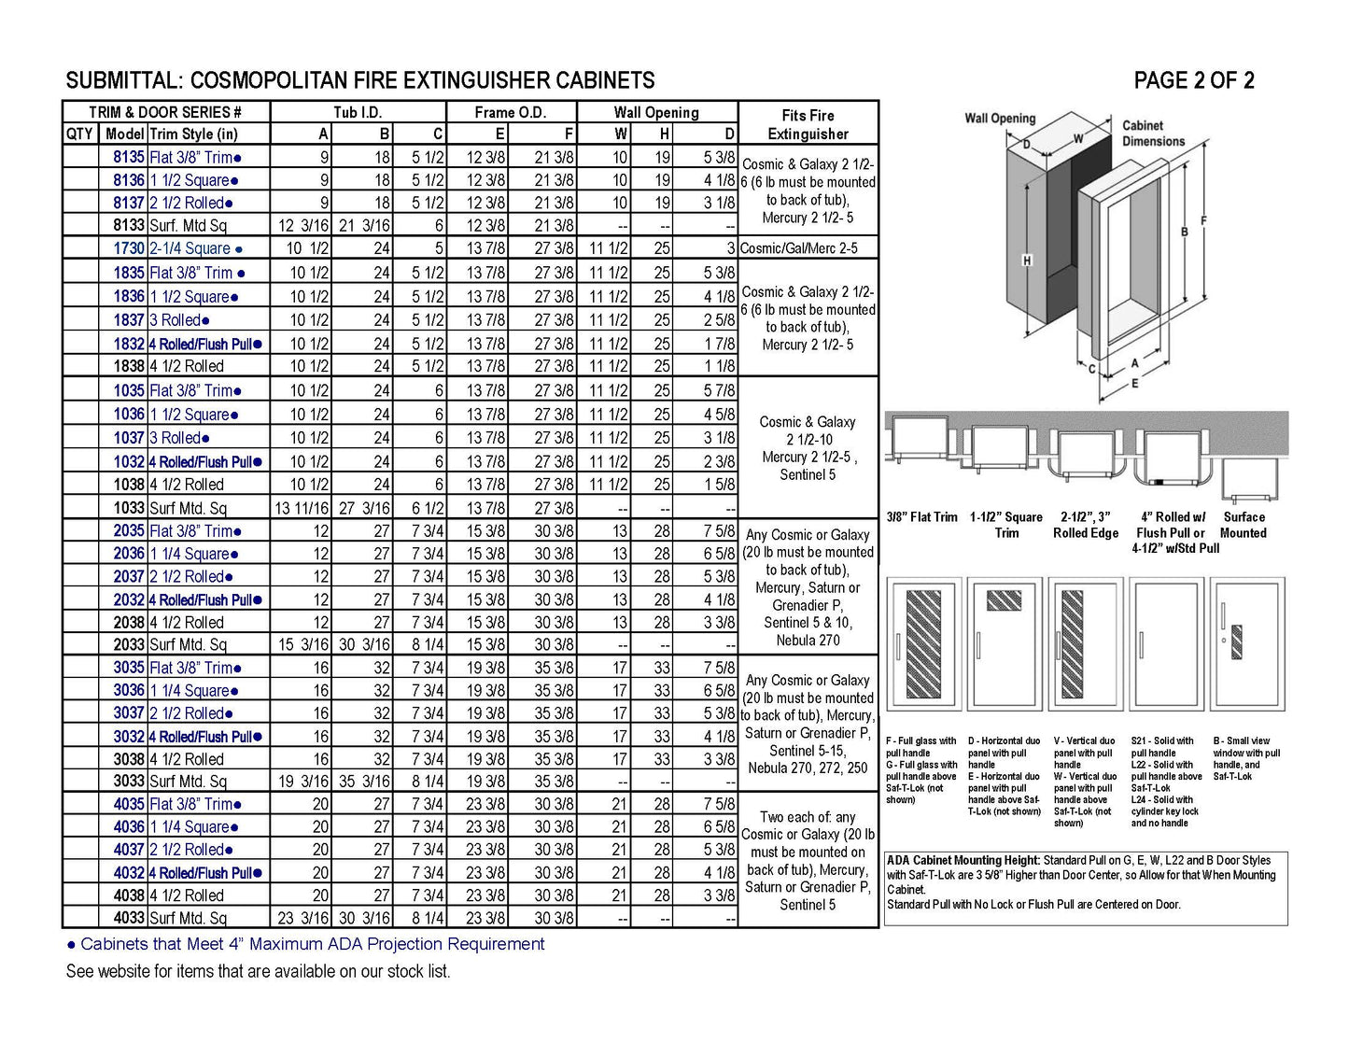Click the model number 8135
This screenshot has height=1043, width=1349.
pyautogui.click(x=129, y=158)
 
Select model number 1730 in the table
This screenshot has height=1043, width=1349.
pyautogui.click(x=129, y=248)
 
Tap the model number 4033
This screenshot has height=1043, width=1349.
pyautogui.click(x=129, y=918)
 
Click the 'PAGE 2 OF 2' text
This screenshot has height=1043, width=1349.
pyautogui.click(x=1193, y=81)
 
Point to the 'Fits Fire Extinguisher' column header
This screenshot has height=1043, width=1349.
pyautogui.click(x=808, y=124)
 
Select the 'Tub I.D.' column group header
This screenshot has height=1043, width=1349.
pyautogui.click(x=358, y=112)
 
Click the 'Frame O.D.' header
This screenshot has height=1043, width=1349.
pyautogui.click(x=510, y=112)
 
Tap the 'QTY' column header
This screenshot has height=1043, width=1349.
pyautogui.click(x=79, y=134)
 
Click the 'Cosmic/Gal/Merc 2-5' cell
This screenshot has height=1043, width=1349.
pyautogui.click(x=808, y=248)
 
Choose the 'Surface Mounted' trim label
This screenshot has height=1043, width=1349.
pyautogui.click(x=1244, y=525)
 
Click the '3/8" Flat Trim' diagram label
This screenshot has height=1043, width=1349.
pyautogui.click(x=921, y=517)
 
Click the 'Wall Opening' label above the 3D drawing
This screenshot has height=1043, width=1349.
pyautogui.click(x=1000, y=119)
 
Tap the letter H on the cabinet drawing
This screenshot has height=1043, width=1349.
pyautogui.click(x=1027, y=261)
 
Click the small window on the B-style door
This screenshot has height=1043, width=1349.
pyautogui.click(x=1237, y=641)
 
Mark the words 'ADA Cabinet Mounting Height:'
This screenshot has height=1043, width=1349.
pyautogui.click(x=963, y=861)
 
